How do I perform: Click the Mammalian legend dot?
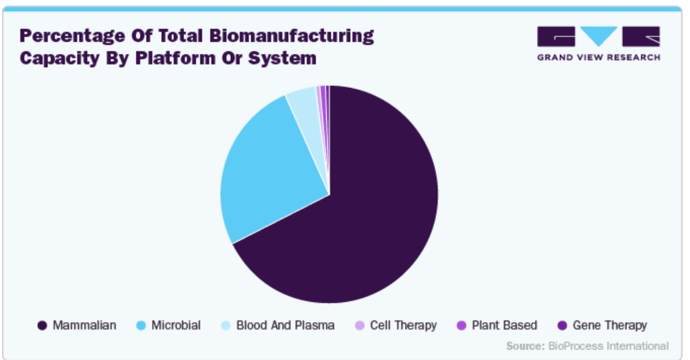click(42, 325)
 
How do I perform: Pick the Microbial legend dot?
click(141, 325)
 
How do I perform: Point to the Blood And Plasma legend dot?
click(225, 325)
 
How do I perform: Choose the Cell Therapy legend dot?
click(360, 325)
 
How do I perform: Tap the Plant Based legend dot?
click(461, 325)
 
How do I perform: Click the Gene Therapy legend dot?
click(562, 325)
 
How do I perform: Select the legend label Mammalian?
click(85, 325)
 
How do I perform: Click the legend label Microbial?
click(176, 325)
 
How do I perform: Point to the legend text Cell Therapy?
click(404, 325)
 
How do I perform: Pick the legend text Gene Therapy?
click(610, 325)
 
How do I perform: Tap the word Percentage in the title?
click(72, 37)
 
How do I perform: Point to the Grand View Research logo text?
click(599, 58)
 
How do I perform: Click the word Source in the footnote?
click(525, 346)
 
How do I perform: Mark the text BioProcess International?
click(609, 346)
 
